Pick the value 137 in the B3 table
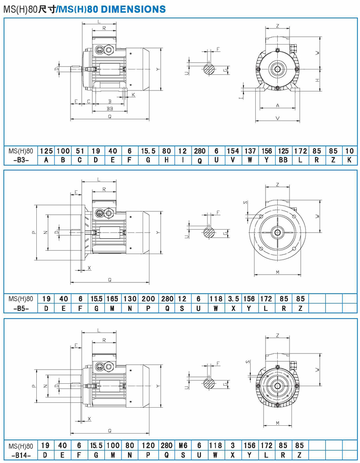coord(250,151)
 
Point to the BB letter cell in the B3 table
coord(283,160)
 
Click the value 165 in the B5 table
coord(113,299)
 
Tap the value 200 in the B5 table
coord(148,299)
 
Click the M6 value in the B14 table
coord(182,446)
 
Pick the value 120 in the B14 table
coord(148,446)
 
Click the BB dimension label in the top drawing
coord(110,108)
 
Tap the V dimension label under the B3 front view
coord(277,118)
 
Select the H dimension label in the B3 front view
coord(317,79)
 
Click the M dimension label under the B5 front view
coord(277,272)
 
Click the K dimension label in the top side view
coord(133,94)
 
